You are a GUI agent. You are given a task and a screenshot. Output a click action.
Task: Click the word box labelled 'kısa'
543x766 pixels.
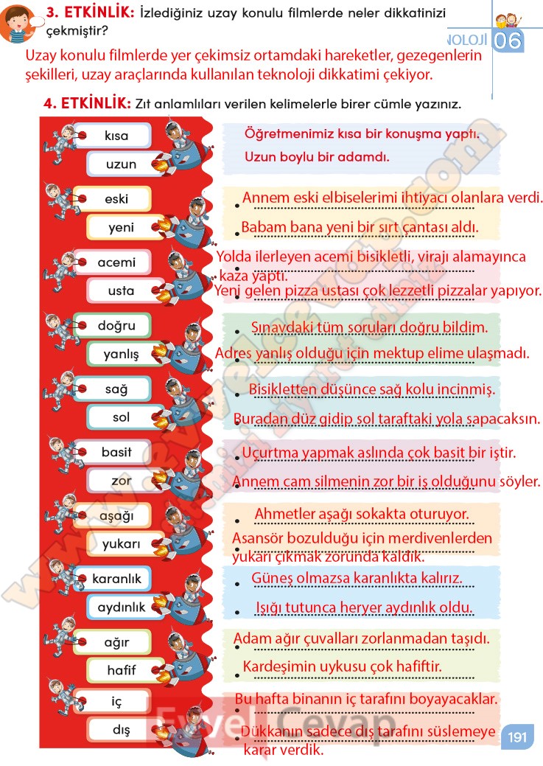(x=116, y=136)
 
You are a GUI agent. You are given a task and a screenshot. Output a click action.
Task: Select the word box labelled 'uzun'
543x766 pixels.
(x=122, y=164)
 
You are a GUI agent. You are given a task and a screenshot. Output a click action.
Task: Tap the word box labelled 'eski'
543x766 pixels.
(x=116, y=199)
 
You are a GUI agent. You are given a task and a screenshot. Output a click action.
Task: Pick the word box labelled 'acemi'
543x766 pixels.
(x=116, y=262)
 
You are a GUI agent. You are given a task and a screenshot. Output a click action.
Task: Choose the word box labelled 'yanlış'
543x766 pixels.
(x=122, y=355)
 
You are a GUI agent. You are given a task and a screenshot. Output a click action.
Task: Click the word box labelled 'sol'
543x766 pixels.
(x=122, y=417)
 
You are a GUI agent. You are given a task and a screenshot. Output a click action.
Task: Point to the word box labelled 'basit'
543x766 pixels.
(x=116, y=452)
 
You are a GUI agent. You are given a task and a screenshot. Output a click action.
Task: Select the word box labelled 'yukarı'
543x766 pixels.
(x=122, y=545)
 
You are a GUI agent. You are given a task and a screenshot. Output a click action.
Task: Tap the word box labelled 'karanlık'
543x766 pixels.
(x=116, y=579)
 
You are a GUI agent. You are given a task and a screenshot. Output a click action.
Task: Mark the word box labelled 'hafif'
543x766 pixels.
(x=122, y=671)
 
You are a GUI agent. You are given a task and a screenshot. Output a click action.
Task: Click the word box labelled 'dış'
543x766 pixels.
(x=122, y=731)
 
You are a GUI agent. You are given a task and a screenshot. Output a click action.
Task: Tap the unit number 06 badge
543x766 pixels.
(x=507, y=41)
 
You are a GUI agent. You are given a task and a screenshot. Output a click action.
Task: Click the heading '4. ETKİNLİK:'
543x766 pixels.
(x=88, y=104)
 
